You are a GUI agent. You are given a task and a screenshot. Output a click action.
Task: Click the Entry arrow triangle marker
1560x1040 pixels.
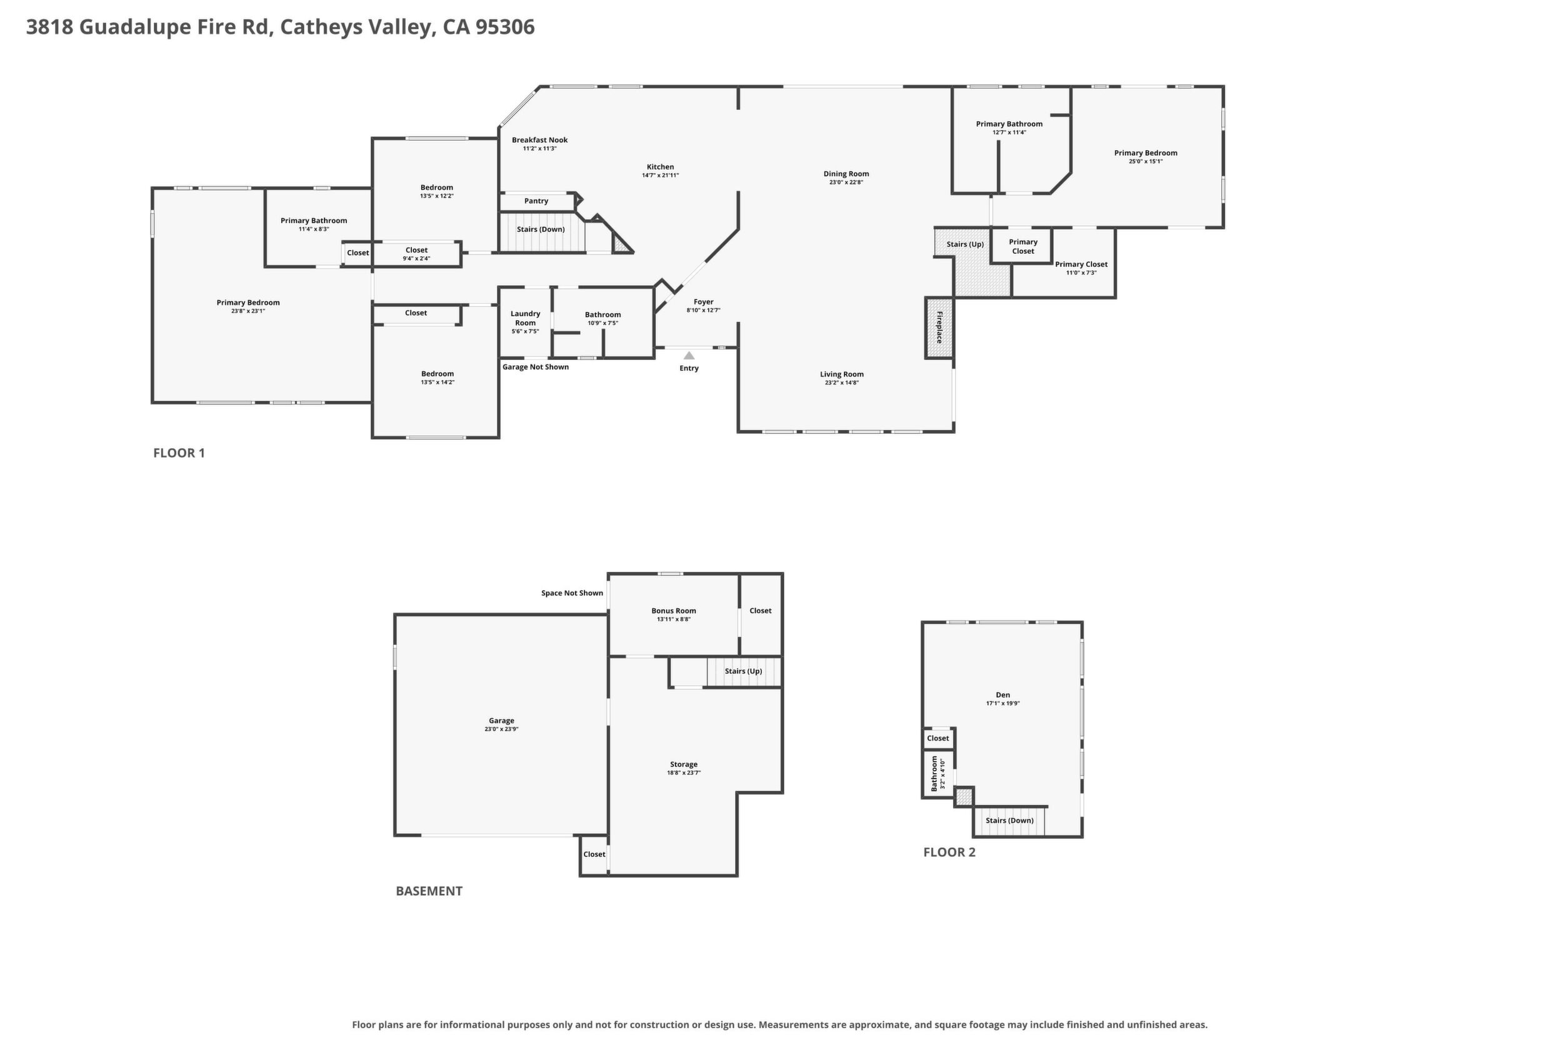(x=689, y=356)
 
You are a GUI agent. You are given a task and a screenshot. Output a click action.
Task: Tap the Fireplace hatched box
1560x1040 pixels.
(x=939, y=327)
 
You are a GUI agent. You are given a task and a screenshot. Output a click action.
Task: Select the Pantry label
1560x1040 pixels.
(x=536, y=201)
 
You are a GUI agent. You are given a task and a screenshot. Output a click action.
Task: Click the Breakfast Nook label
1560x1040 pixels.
(x=539, y=140)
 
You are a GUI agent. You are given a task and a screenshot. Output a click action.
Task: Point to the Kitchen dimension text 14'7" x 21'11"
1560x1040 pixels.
(x=660, y=176)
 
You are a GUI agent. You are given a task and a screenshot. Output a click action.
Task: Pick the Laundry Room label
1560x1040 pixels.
(x=525, y=318)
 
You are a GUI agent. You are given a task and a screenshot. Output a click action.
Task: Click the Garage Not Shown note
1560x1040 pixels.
(x=535, y=367)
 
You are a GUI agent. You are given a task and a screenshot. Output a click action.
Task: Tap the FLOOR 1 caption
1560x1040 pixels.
(x=179, y=453)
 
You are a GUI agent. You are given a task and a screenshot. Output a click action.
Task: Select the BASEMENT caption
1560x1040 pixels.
(x=429, y=891)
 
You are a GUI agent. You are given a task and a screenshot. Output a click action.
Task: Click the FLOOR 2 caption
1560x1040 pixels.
(x=949, y=852)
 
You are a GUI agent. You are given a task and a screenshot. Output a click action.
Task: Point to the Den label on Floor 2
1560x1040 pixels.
(x=1003, y=695)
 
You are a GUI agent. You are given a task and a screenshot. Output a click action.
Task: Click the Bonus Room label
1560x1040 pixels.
(x=673, y=611)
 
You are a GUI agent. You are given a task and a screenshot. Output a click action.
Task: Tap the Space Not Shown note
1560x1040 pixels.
(x=572, y=593)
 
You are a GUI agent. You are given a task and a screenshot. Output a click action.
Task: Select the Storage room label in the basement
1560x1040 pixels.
(x=684, y=765)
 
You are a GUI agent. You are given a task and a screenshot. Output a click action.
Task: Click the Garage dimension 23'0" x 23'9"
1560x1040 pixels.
(x=501, y=729)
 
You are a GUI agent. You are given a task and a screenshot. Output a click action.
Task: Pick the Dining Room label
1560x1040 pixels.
(x=846, y=174)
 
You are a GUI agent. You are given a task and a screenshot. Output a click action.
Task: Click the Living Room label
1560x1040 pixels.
(x=842, y=374)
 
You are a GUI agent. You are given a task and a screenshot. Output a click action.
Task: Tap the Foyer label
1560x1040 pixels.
(x=703, y=302)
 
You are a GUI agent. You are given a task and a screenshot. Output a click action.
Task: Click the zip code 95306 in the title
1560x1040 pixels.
(x=505, y=27)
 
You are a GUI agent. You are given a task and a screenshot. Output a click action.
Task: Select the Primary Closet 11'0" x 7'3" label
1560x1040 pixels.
(x=1081, y=268)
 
